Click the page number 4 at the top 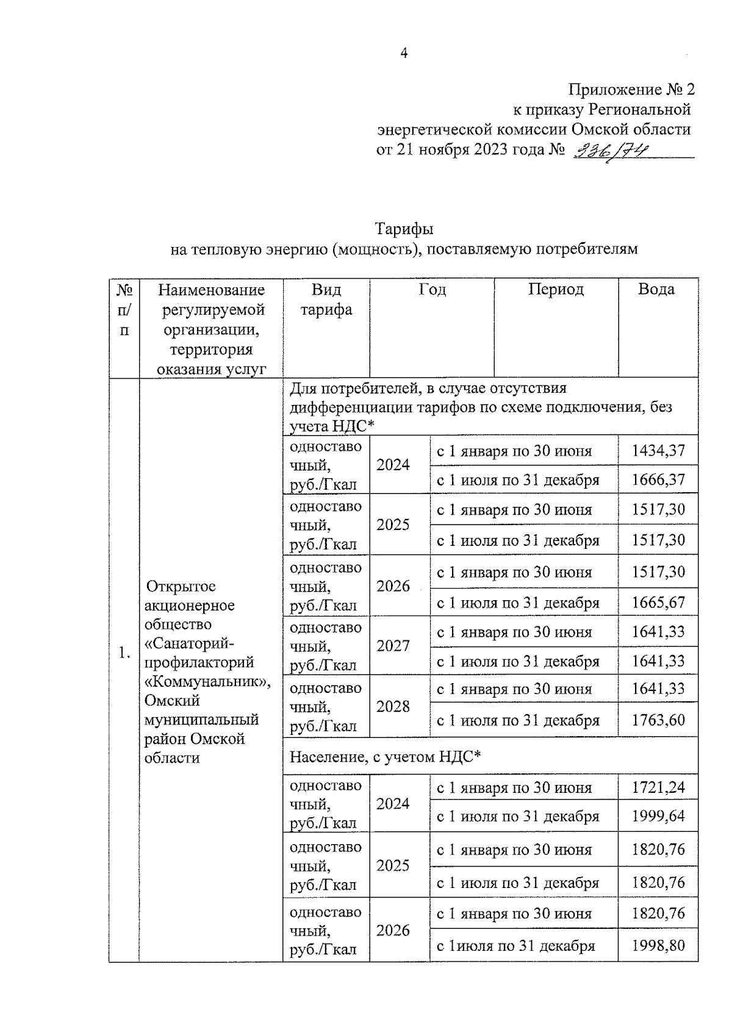pyautogui.click(x=403, y=54)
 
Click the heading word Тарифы pyautogui.click(x=404, y=229)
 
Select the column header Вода pyautogui.click(x=656, y=290)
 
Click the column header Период pyautogui.click(x=555, y=290)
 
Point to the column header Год pyautogui.click(x=431, y=290)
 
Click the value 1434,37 pyautogui.click(x=658, y=451)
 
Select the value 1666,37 pyautogui.click(x=658, y=480)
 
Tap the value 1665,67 pyautogui.click(x=658, y=603)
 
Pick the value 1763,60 pyautogui.click(x=658, y=720)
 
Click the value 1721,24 pyautogui.click(x=658, y=788)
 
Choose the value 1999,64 pyautogui.click(x=658, y=817)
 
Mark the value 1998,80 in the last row pyautogui.click(x=658, y=947)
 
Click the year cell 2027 pyautogui.click(x=393, y=646)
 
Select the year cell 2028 pyautogui.click(x=393, y=707)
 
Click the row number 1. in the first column pyautogui.click(x=124, y=653)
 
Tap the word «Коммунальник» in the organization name pyautogui.click(x=207, y=682)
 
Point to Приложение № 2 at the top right pyautogui.click(x=631, y=90)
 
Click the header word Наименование pyautogui.click(x=211, y=290)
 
